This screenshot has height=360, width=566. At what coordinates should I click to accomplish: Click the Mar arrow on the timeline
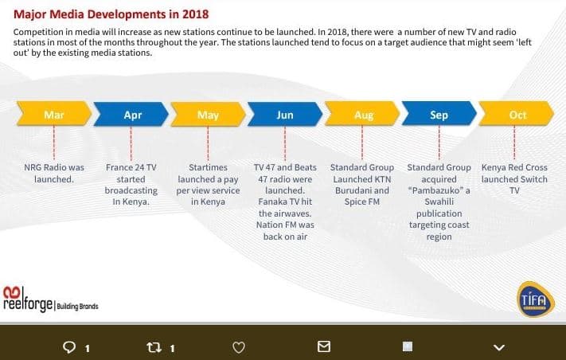click(54, 115)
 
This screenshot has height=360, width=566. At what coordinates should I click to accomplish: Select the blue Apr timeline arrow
click(132, 115)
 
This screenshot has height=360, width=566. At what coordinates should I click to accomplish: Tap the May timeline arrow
click(208, 115)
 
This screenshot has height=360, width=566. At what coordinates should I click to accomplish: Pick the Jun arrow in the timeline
click(285, 115)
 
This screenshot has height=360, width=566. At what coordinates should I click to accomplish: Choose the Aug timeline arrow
click(363, 115)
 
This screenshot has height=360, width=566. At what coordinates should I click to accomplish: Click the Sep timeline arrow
click(439, 115)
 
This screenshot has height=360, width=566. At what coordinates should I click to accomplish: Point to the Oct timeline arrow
click(517, 115)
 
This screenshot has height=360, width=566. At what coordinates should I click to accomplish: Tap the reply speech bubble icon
click(69, 346)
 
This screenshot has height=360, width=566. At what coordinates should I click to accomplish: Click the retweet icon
click(155, 346)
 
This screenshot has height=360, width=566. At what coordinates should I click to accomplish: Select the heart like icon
click(237, 346)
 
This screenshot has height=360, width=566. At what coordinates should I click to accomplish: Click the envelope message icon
click(323, 346)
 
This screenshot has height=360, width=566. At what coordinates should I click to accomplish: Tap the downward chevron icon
click(499, 346)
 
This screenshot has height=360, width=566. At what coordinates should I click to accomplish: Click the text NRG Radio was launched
click(54, 173)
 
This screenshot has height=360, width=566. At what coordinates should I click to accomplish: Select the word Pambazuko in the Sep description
click(439, 190)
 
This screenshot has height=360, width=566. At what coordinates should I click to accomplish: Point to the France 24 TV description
click(131, 185)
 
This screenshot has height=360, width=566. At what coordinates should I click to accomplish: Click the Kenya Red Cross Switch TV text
click(514, 179)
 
